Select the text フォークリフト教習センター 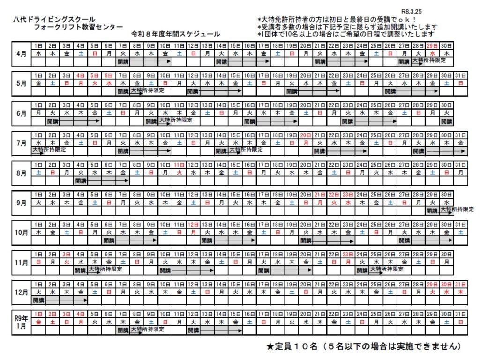coord(78,27)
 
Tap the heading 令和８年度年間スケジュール coord(176,35)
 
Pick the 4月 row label coord(21,53)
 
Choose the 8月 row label coord(21,172)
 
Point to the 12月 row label coord(21,292)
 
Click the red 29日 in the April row coord(432,45)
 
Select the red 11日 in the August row coord(179,165)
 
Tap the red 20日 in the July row coord(306,135)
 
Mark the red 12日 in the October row coord(193,225)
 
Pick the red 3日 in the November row coord(67,255)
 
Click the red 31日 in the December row coord(460,284)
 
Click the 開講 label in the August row coord(81,180)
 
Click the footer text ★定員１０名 coord(295,346)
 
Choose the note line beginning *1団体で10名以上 coord(346,34)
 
